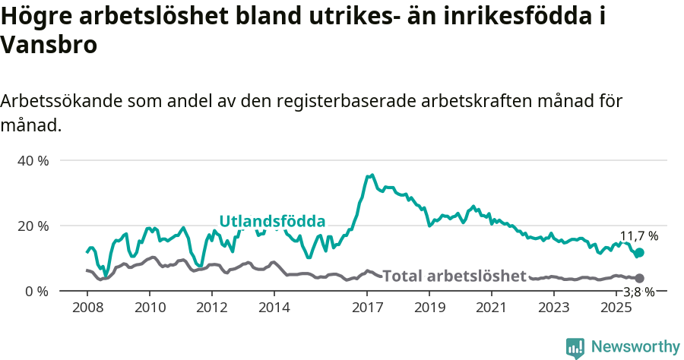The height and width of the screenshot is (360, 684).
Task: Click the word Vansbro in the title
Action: (49, 46)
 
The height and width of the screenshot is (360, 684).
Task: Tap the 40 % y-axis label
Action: (33, 161)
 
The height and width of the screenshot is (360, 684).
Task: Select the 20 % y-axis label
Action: (33, 226)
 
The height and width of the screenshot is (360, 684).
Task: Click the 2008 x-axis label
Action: (87, 308)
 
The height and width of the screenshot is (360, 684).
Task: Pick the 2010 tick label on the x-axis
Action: (149, 308)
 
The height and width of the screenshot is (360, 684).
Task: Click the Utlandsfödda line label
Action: (272, 222)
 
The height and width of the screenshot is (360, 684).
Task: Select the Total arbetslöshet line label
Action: (454, 276)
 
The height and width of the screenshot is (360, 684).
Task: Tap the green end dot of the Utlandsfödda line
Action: (639, 253)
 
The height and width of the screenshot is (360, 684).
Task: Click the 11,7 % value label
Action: (639, 236)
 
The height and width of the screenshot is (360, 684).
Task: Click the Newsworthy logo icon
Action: (575, 347)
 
